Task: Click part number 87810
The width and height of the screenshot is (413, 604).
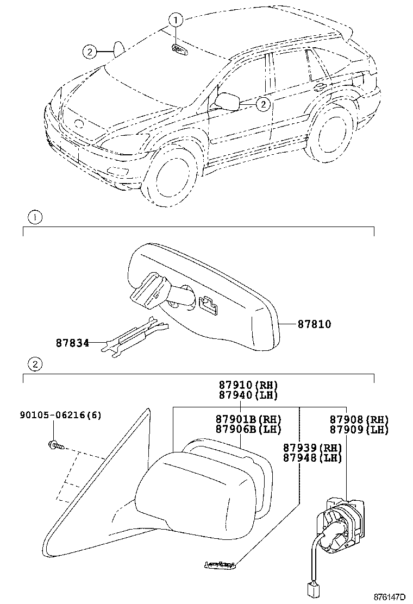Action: (314, 324)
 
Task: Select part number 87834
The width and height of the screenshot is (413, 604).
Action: (72, 343)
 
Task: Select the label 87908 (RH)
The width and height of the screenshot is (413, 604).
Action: (359, 419)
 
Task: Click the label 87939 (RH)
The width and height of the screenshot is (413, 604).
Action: (312, 448)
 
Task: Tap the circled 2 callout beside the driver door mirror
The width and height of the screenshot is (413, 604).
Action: (262, 104)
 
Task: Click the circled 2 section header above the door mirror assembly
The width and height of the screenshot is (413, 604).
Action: (34, 364)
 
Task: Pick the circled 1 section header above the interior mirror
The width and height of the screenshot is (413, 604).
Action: (34, 218)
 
